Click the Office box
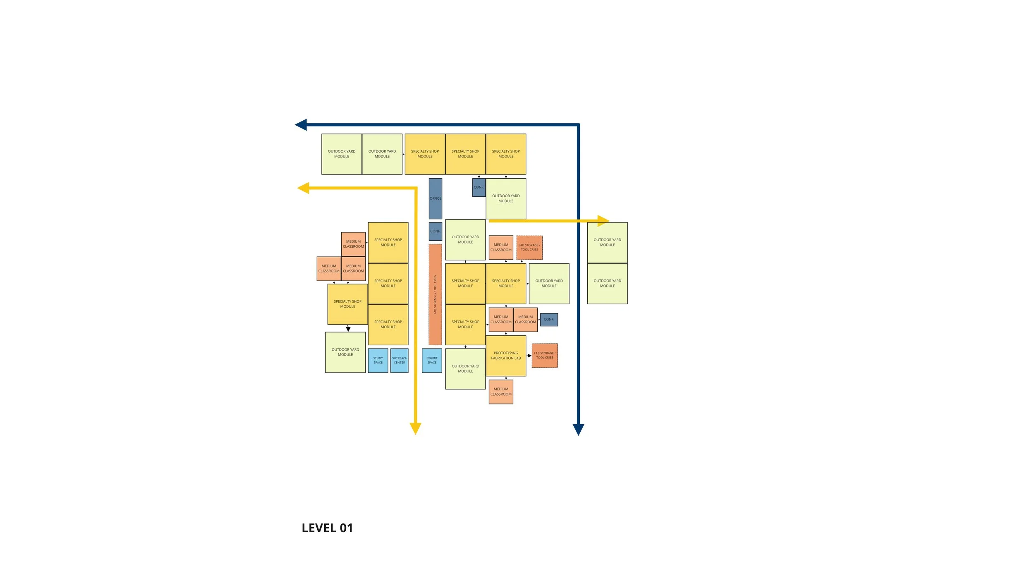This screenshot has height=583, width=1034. tap(435, 198)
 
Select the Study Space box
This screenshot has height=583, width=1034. tap(378, 361)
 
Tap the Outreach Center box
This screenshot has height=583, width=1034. tap(399, 361)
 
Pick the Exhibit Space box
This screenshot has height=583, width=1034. tap(432, 361)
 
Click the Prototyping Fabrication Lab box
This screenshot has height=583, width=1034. tap(506, 356)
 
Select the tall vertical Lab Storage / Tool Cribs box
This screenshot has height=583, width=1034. tap(435, 294)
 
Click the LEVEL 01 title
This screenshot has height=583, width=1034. tap(327, 528)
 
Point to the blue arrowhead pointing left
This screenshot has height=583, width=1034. tap(301, 124)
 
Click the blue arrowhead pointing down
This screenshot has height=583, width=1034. tap(578, 429)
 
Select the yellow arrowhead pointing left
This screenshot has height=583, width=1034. tap(304, 188)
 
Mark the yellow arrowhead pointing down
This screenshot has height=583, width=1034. tap(415, 428)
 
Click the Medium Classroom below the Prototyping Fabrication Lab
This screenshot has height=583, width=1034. tap(501, 392)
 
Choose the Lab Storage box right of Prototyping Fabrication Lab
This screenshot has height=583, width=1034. tap(545, 356)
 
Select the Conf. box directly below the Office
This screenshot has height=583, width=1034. tap(435, 231)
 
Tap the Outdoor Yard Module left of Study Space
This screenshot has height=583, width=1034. tap(345, 352)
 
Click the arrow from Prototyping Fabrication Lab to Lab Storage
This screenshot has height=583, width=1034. tap(529, 356)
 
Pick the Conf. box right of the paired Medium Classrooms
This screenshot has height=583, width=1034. tap(549, 320)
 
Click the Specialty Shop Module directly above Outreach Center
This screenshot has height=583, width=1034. tap(388, 325)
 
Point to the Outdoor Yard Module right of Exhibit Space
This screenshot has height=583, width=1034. tap(465, 368)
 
